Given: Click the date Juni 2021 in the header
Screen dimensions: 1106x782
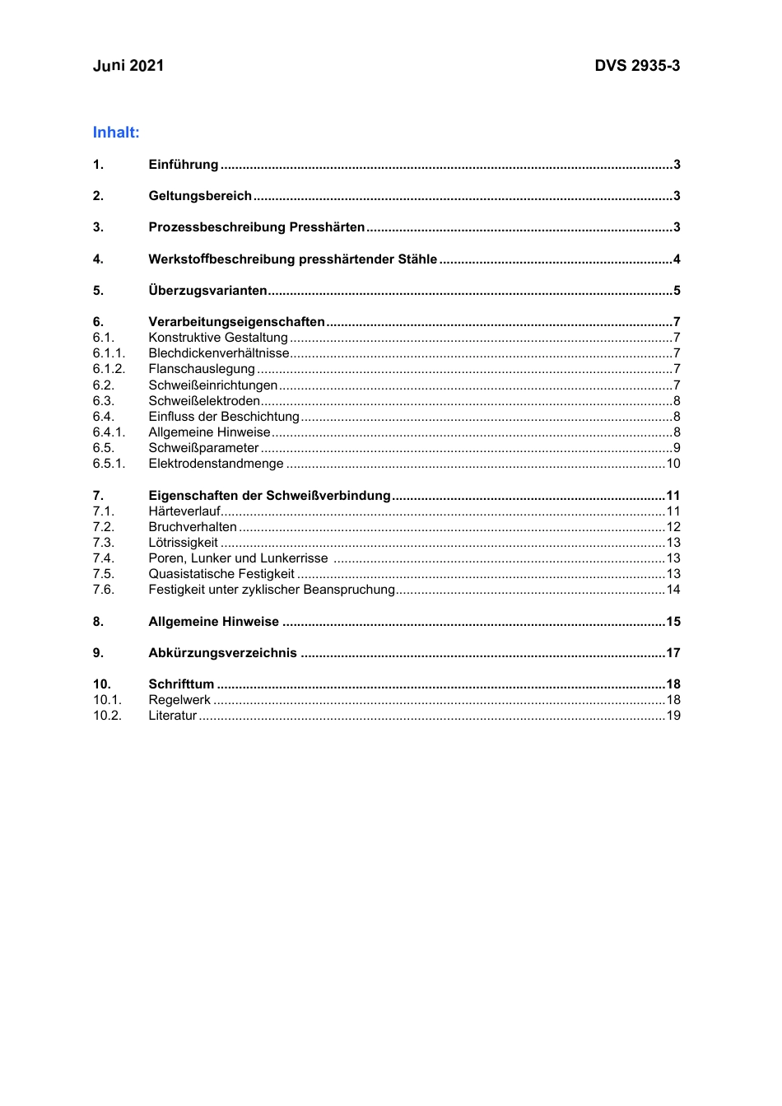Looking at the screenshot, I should point(128,66).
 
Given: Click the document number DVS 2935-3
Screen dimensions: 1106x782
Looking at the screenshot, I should point(637,66).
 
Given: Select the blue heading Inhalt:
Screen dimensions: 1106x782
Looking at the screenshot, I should point(116,133).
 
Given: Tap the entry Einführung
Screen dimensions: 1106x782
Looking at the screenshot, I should point(184,165).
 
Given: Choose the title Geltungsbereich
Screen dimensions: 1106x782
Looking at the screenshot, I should point(200,196).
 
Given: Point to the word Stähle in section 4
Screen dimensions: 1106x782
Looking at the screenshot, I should point(417,259).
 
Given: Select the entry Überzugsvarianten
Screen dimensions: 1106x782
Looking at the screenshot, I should point(207,291).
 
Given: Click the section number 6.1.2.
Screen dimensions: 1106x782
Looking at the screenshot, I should point(109,369).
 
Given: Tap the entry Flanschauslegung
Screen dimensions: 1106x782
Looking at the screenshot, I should point(202,369).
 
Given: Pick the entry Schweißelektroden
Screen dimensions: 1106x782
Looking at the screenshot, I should point(204,401).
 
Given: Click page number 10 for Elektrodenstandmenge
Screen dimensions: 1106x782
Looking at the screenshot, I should point(673,464).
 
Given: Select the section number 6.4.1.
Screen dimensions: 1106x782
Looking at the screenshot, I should point(109,432).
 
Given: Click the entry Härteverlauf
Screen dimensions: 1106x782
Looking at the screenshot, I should point(184,511).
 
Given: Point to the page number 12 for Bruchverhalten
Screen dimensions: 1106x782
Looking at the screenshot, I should point(673,527).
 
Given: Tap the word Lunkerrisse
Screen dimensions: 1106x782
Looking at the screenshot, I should point(294,558).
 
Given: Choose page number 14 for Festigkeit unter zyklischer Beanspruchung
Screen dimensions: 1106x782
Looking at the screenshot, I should point(673,590).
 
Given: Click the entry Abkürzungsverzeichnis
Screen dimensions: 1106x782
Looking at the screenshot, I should point(222,653).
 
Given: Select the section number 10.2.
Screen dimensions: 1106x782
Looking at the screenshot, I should point(107,716).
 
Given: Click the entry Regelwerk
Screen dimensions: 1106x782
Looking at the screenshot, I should point(179,700).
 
